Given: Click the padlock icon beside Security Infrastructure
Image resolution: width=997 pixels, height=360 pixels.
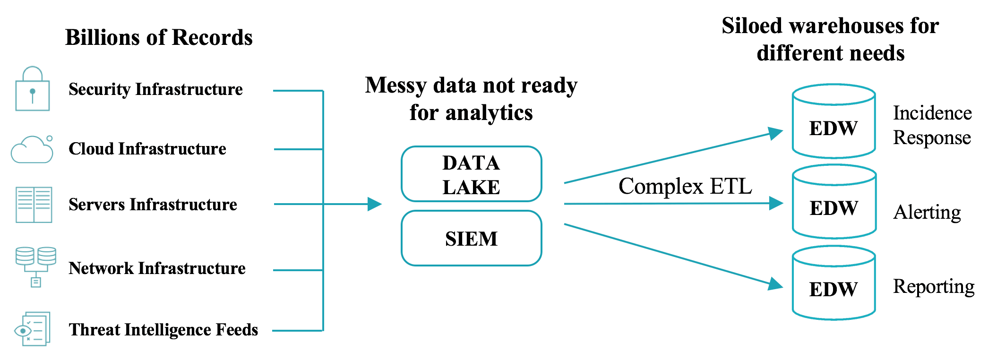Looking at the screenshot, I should (x=32, y=90).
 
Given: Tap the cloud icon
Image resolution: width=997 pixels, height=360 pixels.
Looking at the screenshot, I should (x=32, y=150).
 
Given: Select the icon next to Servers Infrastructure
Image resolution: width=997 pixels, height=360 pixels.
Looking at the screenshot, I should (x=34, y=205).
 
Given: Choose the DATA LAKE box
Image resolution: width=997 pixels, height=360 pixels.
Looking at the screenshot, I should (x=471, y=174).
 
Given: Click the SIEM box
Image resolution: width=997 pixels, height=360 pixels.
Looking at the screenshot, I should (x=471, y=238).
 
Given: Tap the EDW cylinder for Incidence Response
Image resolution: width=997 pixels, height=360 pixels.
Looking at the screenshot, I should (x=834, y=122).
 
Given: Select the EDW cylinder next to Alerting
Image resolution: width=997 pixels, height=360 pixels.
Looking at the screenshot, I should (x=834, y=202).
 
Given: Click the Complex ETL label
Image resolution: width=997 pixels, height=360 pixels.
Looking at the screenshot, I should (x=685, y=186).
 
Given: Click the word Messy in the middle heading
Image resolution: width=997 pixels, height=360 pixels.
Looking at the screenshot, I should (x=395, y=86).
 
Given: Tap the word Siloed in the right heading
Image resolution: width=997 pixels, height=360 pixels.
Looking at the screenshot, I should (x=752, y=26).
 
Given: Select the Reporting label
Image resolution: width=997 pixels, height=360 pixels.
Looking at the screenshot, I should (x=934, y=287).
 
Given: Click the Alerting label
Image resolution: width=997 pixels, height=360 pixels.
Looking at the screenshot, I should (x=927, y=213).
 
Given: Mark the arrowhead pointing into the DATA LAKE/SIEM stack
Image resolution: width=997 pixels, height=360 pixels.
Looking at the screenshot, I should (x=375, y=204).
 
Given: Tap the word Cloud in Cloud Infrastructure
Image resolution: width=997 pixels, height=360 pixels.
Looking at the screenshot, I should (x=91, y=149).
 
